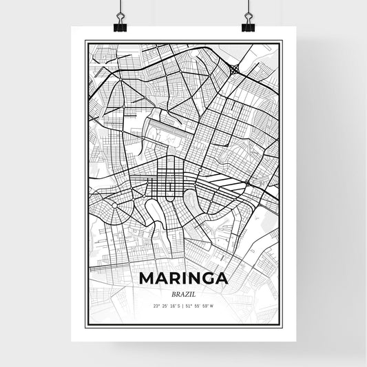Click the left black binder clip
[x=120, y=25]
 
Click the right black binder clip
[x=248, y=25]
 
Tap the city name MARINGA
[x=182, y=278]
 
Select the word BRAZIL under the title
[x=183, y=293]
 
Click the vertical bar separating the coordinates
[x=183, y=306]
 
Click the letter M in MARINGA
[x=146, y=278]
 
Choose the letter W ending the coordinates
[x=213, y=306]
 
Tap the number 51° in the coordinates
[x=191, y=306]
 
